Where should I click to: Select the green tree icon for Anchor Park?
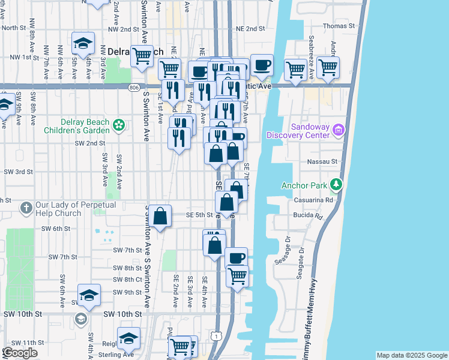[338, 185]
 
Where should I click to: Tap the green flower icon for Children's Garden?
[119, 125]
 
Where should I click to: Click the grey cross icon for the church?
[26, 208]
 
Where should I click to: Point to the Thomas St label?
[336, 26]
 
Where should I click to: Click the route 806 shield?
[132, 87]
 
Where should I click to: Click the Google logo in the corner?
[20, 353]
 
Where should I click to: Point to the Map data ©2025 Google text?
[412, 355]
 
